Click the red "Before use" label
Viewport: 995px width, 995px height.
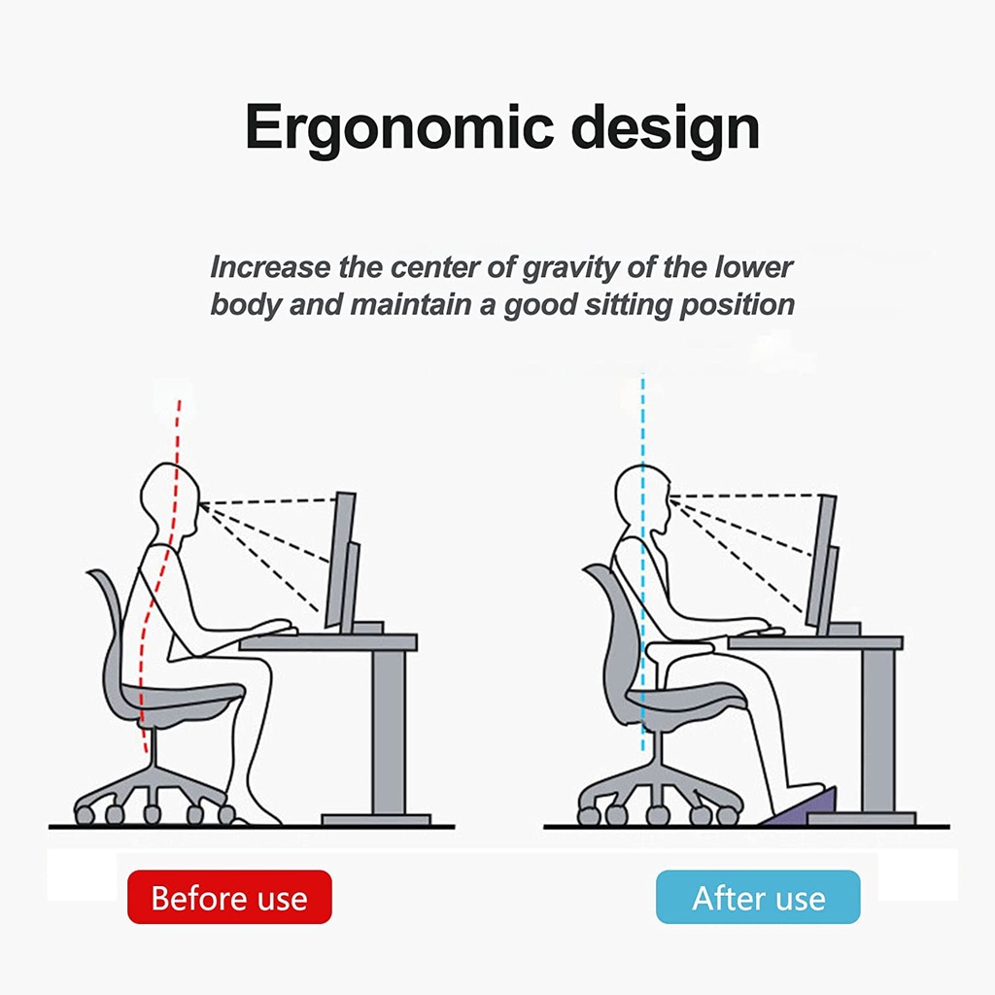tap(229, 897)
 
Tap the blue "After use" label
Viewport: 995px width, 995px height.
tap(758, 897)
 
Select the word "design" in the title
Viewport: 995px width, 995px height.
tap(665, 129)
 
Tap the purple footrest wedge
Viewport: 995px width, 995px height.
tap(801, 807)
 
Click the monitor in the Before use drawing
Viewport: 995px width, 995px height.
tap(342, 561)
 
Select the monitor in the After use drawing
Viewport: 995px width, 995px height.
tap(822, 564)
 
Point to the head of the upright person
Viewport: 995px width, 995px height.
tap(642, 498)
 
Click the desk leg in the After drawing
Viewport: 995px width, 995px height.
tap(878, 730)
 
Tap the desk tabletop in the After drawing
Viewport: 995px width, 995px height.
tap(815, 643)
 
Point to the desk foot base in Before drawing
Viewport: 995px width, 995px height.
tap(376, 820)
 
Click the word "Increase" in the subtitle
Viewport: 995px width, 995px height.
tap(270, 267)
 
